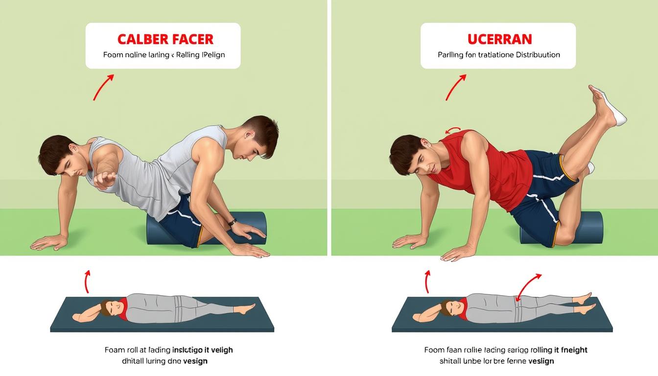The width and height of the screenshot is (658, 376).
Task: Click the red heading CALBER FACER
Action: click(165, 39)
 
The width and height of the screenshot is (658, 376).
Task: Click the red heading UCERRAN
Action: click(499, 39)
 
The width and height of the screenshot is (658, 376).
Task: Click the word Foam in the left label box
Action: click(112, 55)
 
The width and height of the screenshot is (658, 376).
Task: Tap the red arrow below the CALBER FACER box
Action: click(103, 87)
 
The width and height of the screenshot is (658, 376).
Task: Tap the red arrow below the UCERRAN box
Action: click(456, 87)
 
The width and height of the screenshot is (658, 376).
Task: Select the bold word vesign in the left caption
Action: click(195, 361)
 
